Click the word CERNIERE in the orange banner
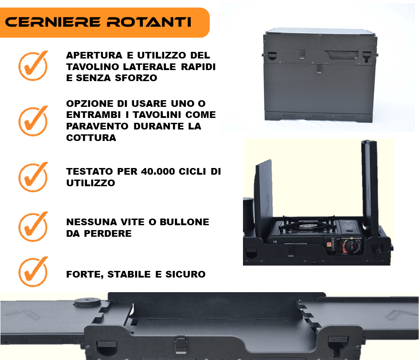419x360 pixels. [53, 22]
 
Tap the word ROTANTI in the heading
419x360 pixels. [149, 22]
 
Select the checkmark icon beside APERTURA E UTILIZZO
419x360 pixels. [33, 66]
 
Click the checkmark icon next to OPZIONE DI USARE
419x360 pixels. [33, 121]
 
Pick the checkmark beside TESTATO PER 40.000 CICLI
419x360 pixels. [33, 177]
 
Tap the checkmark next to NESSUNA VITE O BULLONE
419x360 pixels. [33, 227]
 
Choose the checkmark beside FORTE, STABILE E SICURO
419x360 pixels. [33, 271]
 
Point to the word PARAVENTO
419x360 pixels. [97, 126]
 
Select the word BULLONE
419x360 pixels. [184, 222]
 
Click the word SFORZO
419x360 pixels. [136, 78]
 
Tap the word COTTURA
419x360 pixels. [91, 137]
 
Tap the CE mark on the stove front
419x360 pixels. [275, 242]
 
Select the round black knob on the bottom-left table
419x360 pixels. [87, 302]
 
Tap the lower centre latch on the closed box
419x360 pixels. [319, 68]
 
